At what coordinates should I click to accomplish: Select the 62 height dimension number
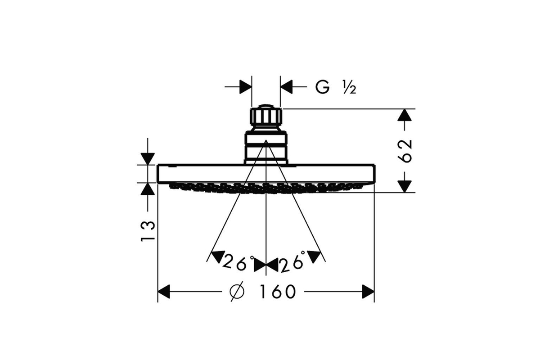(x=404, y=151)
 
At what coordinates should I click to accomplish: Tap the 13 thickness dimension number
(x=148, y=231)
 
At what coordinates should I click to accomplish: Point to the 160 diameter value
(x=278, y=292)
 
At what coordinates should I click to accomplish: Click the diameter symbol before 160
(x=237, y=292)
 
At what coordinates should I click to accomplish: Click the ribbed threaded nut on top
(x=266, y=117)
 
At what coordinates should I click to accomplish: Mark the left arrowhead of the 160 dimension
(x=164, y=292)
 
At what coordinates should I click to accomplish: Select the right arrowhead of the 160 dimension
(x=368, y=292)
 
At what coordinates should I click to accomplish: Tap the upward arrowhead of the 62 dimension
(x=405, y=115)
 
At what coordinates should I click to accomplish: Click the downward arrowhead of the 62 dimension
(x=405, y=186)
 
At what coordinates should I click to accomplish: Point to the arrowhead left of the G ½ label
(x=287, y=86)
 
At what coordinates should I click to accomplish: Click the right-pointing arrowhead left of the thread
(x=246, y=86)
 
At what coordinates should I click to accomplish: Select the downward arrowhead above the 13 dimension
(x=148, y=159)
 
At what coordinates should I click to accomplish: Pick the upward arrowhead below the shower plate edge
(x=148, y=189)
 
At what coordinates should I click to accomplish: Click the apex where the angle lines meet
(x=266, y=140)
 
